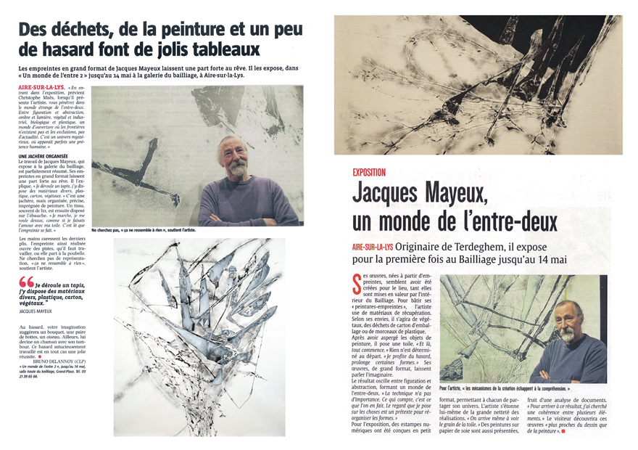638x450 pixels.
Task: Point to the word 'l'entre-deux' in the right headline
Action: pos(505,221)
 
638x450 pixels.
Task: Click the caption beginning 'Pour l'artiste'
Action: pos(522,388)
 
